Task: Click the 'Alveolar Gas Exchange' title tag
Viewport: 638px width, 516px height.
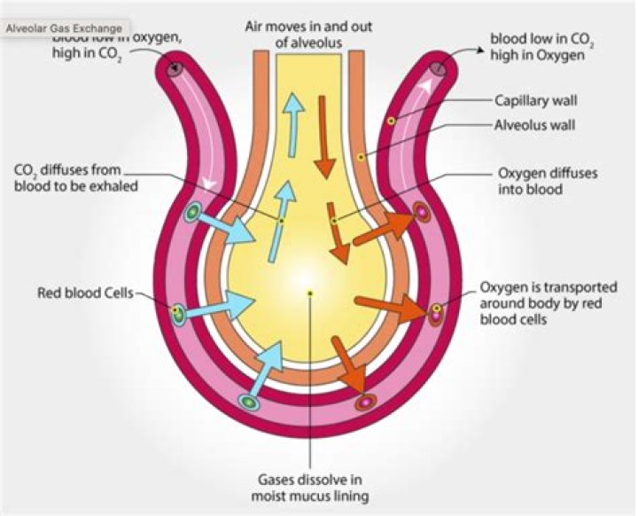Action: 64,27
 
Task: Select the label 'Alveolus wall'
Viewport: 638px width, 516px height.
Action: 534,125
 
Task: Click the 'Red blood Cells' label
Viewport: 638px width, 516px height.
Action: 85,291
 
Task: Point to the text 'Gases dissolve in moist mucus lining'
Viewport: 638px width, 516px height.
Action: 310,487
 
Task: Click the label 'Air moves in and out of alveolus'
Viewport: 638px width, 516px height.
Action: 311,34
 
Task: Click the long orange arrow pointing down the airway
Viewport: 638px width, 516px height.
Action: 324,133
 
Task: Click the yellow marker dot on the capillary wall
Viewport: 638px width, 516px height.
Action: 391,118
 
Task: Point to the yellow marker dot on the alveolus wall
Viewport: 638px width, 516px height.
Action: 361,157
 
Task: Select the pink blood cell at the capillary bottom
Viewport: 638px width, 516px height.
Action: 363,403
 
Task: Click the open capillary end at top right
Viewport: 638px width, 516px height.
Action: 438,68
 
